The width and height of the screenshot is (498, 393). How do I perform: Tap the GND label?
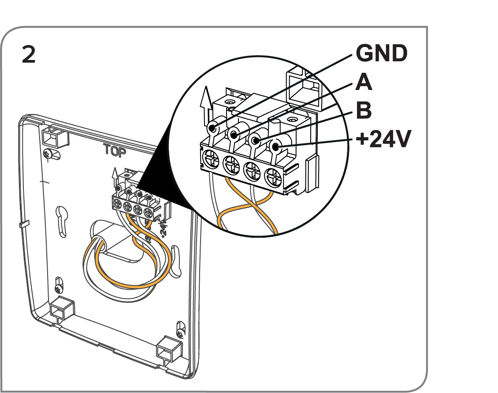pyautogui.click(x=381, y=54)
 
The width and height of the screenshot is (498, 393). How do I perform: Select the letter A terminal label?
pyautogui.click(x=364, y=82)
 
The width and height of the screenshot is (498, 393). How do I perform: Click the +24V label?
pyautogui.click(x=383, y=140)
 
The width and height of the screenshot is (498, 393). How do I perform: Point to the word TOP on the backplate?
pyautogui.click(x=115, y=151)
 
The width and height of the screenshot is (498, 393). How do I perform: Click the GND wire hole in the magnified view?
pyautogui.click(x=213, y=128)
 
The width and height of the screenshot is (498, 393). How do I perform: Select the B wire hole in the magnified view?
pyautogui.click(x=255, y=140)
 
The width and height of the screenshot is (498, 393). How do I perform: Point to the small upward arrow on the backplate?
pyautogui.click(x=115, y=175)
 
